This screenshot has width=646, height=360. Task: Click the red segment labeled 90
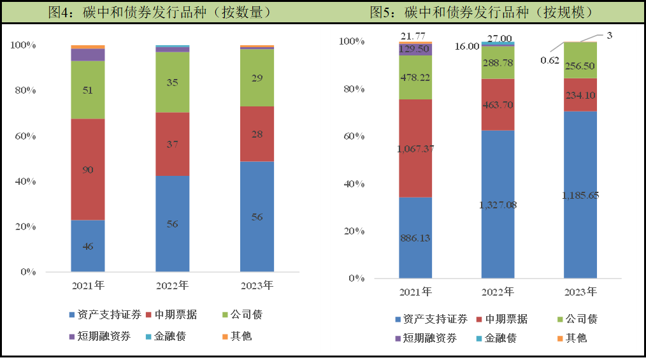(88, 169)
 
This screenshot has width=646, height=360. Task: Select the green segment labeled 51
(88, 90)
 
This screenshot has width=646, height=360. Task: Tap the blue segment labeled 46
(88, 246)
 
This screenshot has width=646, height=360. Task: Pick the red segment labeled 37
(172, 144)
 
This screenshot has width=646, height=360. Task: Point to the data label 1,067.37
(415, 148)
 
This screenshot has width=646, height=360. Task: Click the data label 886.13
(415, 238)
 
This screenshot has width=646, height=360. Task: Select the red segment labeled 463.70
(498, 104)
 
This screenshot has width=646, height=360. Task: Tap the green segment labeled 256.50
(580, 66)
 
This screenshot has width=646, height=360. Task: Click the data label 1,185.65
(580, 195)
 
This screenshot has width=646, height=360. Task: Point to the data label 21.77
(413, 36)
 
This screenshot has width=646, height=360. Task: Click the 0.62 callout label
(550, 61)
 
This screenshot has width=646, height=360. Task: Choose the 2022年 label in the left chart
(172, 285)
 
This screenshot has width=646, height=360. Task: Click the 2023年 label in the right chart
(580, 292)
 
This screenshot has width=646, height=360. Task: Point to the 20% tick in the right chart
(352, 231)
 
